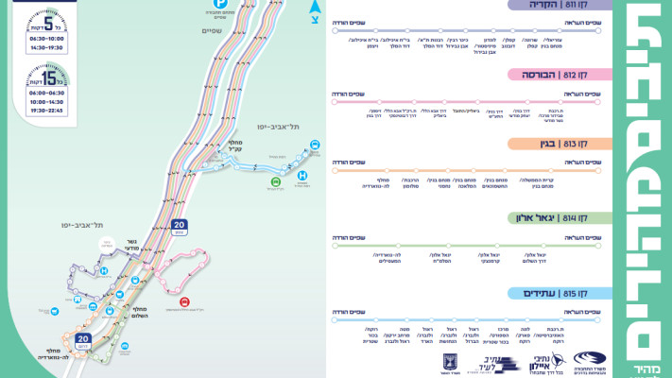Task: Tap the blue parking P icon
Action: coord(220,4)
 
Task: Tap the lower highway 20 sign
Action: coord(83,337)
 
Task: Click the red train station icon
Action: coord(185,304)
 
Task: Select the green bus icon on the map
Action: coord(275,180)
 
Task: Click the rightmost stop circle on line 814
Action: coord(597,246)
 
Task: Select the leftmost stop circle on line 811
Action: coord(335,31)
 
